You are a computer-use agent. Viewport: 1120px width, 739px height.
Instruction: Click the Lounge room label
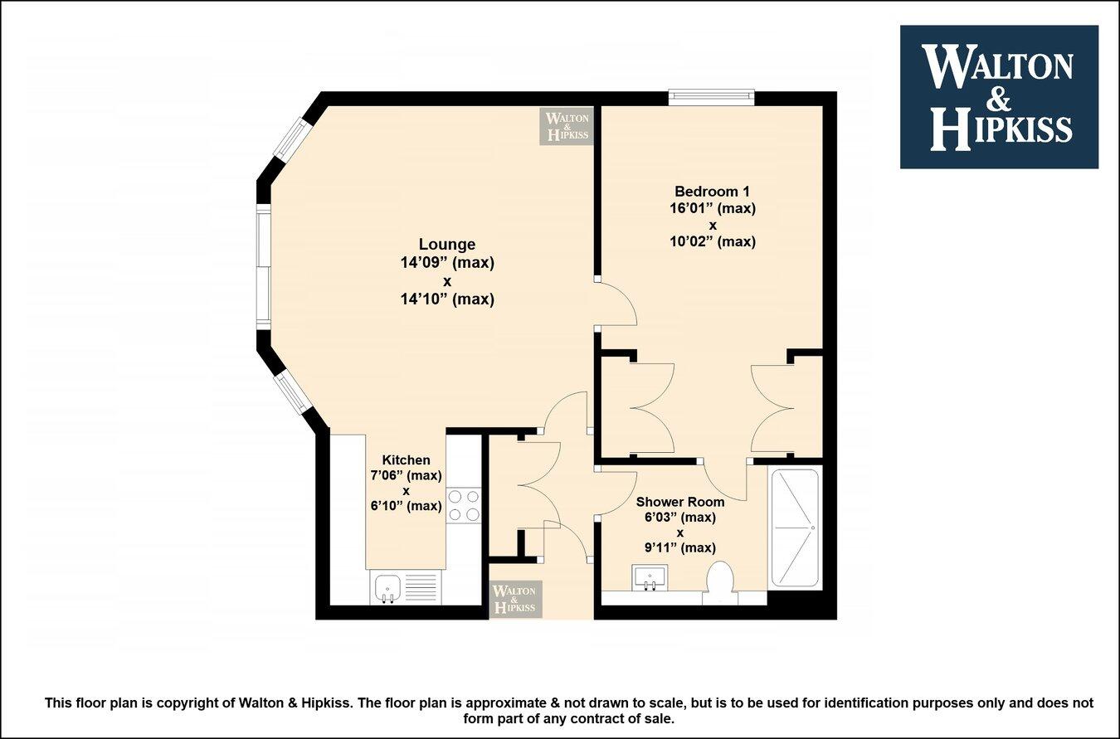447,245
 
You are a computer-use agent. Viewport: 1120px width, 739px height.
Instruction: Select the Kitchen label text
406,460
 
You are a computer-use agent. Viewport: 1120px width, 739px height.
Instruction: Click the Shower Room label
679,502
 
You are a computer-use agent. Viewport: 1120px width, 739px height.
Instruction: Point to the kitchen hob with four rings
464,505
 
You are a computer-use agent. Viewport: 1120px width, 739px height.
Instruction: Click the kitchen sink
387,589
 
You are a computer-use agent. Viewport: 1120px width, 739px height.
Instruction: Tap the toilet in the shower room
718,581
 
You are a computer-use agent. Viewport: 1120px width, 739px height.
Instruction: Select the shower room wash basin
650,577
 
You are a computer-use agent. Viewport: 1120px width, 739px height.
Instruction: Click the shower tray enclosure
795,528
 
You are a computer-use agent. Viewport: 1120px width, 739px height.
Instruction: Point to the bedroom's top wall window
712,98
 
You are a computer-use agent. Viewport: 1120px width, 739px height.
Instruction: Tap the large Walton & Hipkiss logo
999,97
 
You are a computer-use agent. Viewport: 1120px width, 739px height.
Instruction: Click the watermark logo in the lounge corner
567,126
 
